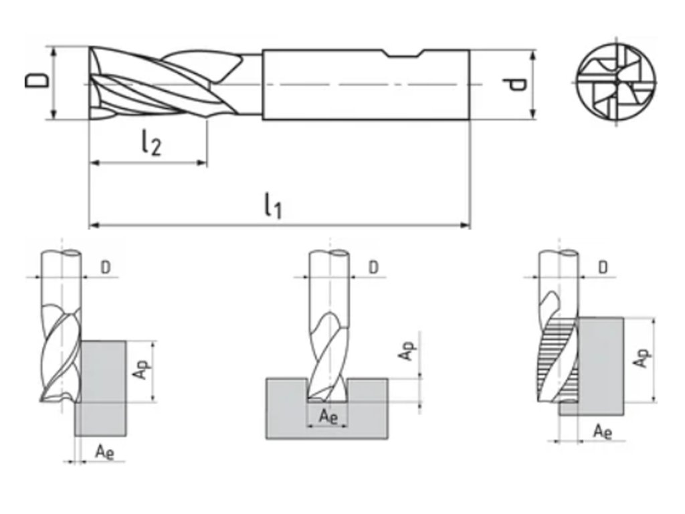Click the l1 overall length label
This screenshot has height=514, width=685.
coord(272,206)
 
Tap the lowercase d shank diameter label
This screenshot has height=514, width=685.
coord(517,84)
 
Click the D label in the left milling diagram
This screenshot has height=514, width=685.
coord(106,267)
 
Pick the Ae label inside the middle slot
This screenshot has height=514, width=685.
coord(328,416)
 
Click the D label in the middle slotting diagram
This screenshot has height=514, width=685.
coord(373,267)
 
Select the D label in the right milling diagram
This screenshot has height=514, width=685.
coord(603,267)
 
